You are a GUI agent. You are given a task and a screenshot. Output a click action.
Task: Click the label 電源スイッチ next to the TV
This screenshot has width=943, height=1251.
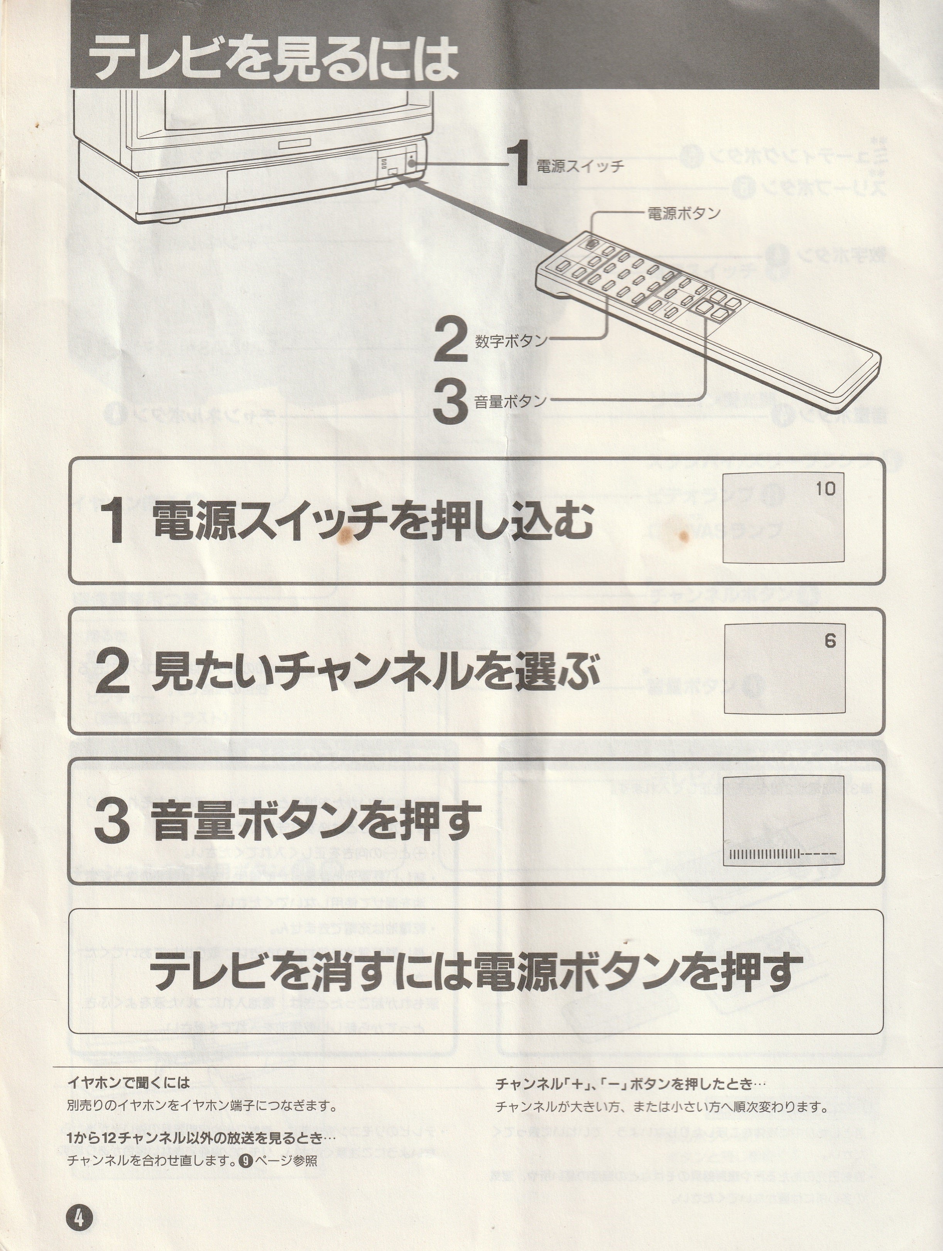pyautogui.click(x=580, y=166)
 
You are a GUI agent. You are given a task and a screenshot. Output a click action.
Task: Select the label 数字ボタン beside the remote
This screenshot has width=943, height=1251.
pyautogui.click(x=511, y=341)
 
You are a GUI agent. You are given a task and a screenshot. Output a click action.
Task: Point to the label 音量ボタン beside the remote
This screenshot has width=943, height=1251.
pyautogui.click(x=511, y=401)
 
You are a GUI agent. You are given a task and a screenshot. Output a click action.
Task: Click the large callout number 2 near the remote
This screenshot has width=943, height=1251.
pyautogui.click(x=451, y=340)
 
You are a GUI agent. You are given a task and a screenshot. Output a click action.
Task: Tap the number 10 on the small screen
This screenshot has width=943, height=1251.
pyautogui.click(x=825, y=489)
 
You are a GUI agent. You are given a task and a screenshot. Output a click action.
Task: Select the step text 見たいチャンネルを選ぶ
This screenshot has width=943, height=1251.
pyautogui.click(x=375, y=671)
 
